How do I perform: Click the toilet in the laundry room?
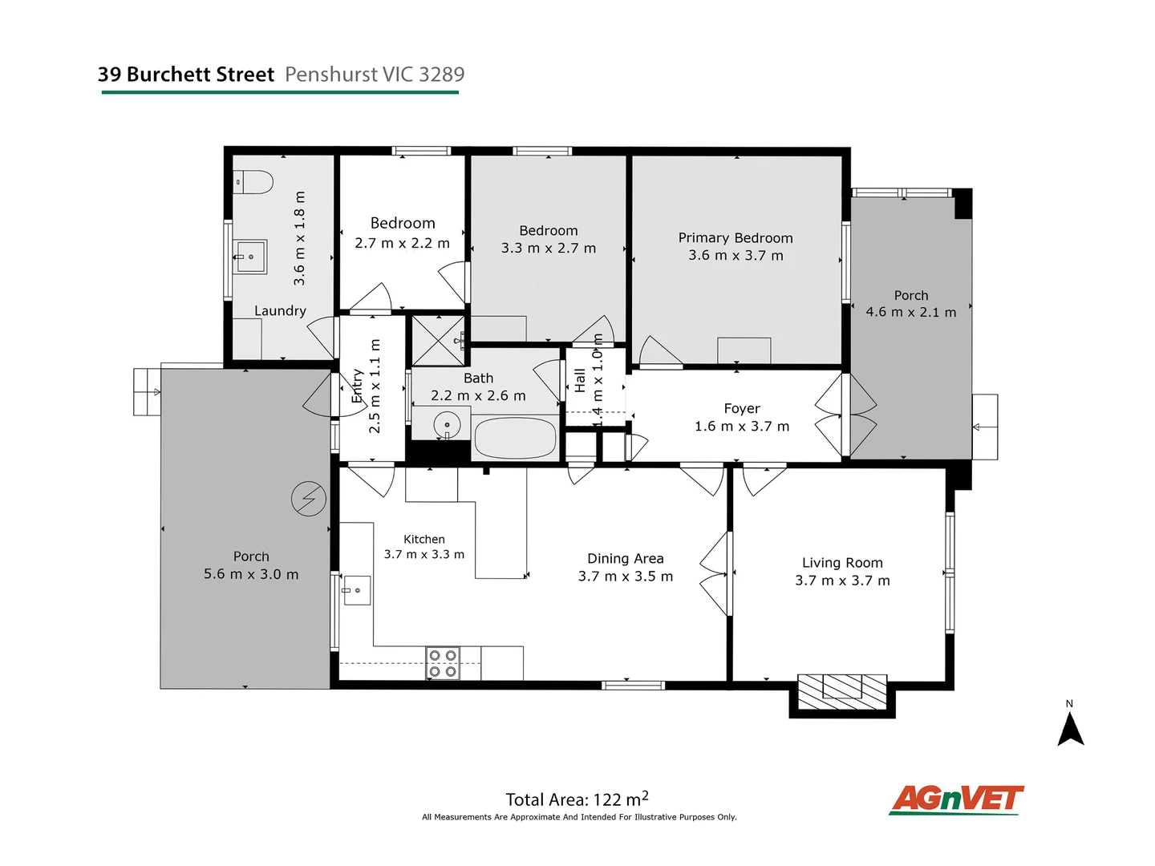[254, 182]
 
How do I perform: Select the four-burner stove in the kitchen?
[443, 663]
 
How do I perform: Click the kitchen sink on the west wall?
[356, 591]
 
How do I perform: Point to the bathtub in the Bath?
[515, 439]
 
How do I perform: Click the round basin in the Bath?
[447, 424]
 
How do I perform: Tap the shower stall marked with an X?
[437, 340]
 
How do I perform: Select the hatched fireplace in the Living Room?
[842, 690]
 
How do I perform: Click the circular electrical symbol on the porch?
[309, 499]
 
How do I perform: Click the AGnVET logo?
[956, 799]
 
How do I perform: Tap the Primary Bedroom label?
[736, 238]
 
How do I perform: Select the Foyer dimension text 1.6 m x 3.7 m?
[742, 427]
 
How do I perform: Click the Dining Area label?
[626, 559]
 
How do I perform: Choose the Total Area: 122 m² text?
[577, 799]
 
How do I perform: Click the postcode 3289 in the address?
[441, 75]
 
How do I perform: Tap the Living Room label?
[842, 563]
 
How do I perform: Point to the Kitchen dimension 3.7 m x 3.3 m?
[423, 554]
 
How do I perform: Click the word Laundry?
[280, 311]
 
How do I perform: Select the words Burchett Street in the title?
[201, 75]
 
